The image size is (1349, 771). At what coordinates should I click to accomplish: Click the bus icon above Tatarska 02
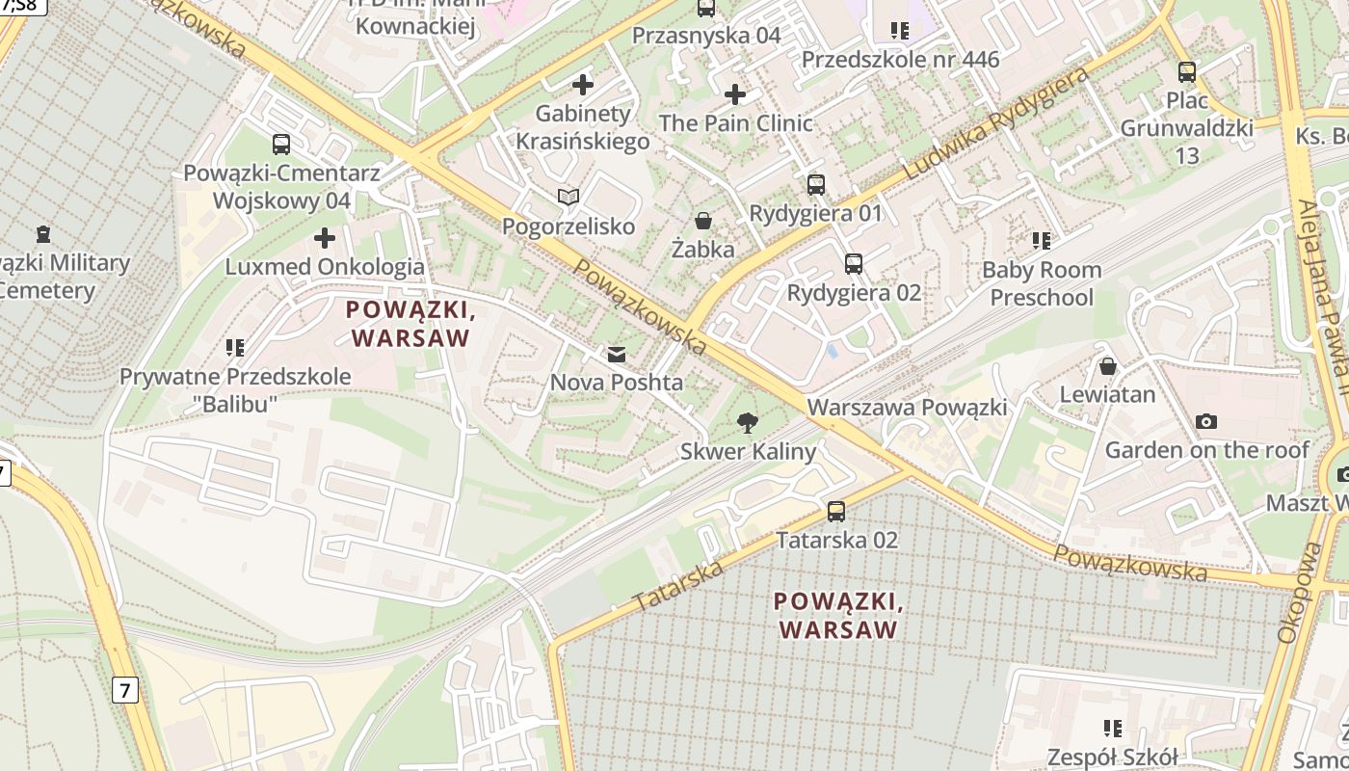point(836,512)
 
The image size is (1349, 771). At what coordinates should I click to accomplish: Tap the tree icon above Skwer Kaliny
point(746,422)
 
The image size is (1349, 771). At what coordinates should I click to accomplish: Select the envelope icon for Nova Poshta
point(617,355)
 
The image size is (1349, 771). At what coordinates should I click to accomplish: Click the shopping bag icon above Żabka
point(704,222)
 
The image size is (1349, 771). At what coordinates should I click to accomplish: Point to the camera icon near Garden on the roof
point(1205,421)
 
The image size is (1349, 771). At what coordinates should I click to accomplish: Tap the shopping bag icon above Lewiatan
point(1108,366)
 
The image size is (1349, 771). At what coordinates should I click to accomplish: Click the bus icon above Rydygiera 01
point(816,184)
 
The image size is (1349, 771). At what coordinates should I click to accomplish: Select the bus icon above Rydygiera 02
point(854,263)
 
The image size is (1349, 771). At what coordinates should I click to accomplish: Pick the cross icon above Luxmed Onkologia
point(325,237)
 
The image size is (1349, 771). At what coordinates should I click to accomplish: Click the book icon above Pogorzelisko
point(569,198)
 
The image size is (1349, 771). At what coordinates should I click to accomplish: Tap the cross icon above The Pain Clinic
point(735,94)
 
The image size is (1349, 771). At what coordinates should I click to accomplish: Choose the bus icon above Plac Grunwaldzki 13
point(1187,71)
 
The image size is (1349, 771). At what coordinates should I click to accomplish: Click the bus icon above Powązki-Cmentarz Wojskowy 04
point(281,145)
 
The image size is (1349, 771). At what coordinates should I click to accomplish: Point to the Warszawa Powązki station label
point(907,407)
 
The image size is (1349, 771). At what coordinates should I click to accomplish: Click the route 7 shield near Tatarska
point(124,690)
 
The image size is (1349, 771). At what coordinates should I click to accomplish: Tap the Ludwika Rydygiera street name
point(998,122)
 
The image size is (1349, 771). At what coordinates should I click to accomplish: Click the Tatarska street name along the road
point(679,585)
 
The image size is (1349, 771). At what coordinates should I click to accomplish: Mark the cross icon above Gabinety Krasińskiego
point(583,85)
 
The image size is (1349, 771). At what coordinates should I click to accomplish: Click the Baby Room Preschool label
point(1042,283)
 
